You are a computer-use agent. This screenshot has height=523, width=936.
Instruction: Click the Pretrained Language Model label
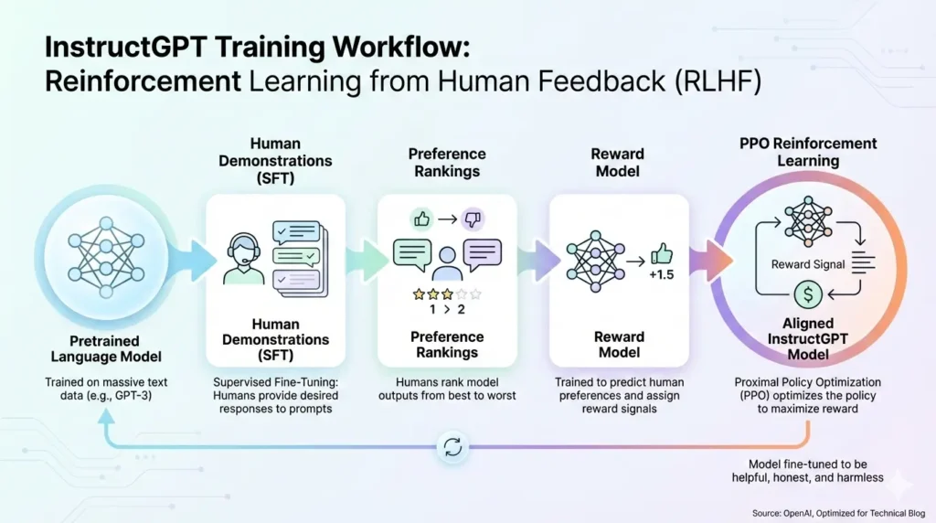[x=104, y=347]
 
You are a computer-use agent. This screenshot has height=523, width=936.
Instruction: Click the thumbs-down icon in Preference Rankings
[x=472, y=219]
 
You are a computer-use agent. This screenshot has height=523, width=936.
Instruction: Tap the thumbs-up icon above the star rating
[x=421, y=219]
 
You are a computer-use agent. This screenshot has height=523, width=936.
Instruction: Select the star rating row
[x=446, y=294]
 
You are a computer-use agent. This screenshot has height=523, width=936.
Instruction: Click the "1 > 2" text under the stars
[x=447, y=309]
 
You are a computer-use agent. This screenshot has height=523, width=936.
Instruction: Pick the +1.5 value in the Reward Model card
[x=661, y=274]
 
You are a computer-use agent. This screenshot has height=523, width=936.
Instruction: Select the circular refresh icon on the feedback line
[x=452, y=447]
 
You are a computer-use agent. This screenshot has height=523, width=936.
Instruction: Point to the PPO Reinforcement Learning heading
[x=807, y=152]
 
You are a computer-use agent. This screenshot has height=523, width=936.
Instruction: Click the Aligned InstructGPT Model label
[x=808, y=338]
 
